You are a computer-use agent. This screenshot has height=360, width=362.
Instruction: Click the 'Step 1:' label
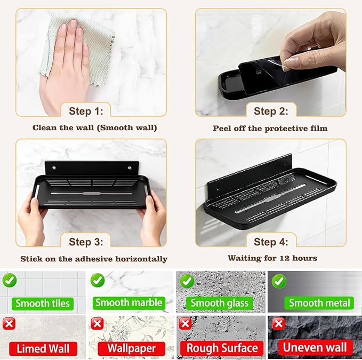click(86, 111)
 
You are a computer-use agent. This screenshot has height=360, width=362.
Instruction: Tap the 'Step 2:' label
click(271, 111)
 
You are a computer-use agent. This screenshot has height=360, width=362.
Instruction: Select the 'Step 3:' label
click(86, 242)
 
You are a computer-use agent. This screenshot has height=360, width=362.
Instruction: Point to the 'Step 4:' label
click(271, 242)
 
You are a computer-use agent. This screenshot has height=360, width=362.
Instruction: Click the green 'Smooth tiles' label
click(43, 303)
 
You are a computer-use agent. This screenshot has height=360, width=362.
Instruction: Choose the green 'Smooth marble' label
click(129, 303)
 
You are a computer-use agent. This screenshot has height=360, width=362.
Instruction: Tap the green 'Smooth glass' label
click(219, 303)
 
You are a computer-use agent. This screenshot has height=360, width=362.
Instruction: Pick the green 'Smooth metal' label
click(319, 303)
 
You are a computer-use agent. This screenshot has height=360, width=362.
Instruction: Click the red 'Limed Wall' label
click(43, 349)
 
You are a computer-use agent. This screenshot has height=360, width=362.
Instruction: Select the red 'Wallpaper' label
click(131, 348)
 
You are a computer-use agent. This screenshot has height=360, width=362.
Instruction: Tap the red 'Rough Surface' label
click(222, 348)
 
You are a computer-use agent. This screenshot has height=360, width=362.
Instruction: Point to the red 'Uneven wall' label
click(315, 348)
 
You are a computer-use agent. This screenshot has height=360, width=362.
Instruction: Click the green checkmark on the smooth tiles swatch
click(10, 280)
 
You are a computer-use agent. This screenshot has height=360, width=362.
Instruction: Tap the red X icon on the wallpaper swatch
click(97, 324)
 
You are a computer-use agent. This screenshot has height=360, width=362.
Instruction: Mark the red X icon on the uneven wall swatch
click(278, 324)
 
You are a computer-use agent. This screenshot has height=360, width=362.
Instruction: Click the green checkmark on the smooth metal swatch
click(279, 281)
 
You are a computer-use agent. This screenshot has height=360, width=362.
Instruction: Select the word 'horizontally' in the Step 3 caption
click(141, 259)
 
